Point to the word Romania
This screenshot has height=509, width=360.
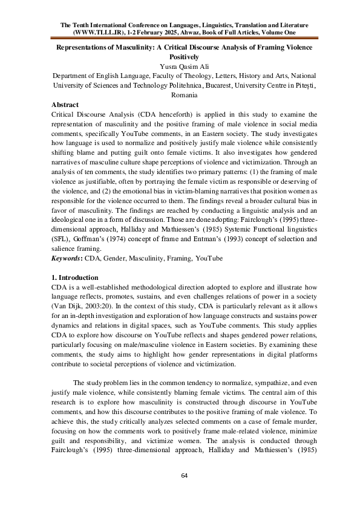coord(180,96)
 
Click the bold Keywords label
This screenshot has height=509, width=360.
coord(68,258)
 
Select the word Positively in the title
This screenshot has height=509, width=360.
coord(180,56)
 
